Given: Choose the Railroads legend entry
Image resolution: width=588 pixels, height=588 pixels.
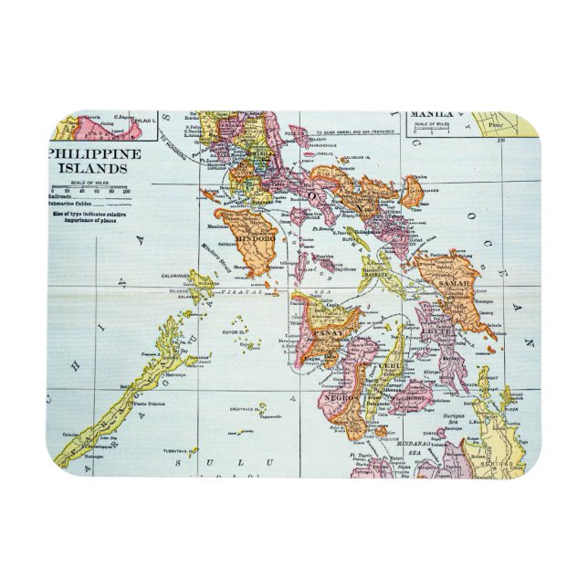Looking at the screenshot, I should [68, 197].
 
